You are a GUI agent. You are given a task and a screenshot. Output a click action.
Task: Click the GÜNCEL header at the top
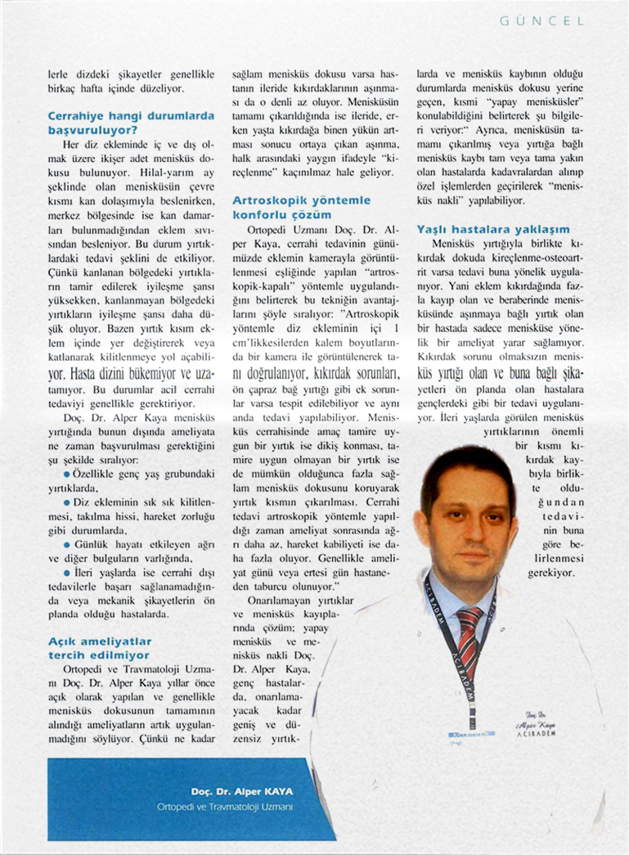pyautogui.click(x=542, y=22)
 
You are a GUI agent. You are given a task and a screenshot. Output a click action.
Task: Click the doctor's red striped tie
pyautogui.click(x=470, y=631)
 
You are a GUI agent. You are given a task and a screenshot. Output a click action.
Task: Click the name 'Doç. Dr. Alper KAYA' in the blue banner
pyautogui.click(x=243, y=791)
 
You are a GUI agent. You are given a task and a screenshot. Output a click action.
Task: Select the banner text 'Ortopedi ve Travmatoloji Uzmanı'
pyautogui.click(x=224, y=807)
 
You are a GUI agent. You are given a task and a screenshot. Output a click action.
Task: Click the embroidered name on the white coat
pyautogui.click(x=539, y=722)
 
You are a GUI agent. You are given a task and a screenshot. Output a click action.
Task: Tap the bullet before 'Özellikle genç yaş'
pyautogui.click(x=67, y=474)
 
